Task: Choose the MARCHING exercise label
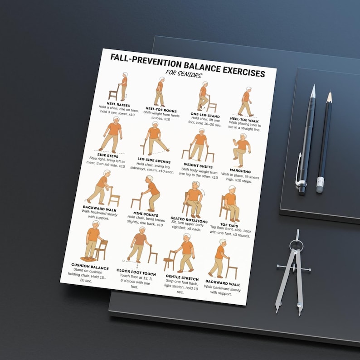point(240,171)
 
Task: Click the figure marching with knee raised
point(242,150)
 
